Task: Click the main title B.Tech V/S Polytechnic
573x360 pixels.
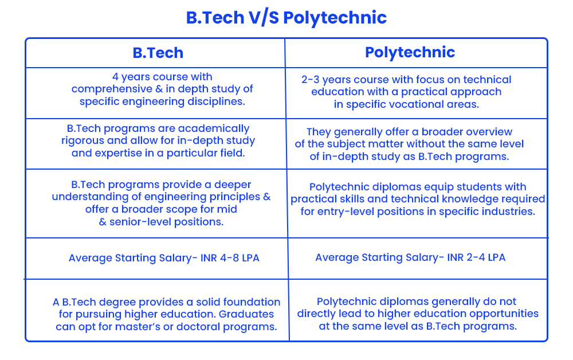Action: (286, 17)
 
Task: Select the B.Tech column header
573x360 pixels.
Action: (158, 53)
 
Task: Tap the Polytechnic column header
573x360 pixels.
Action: (410, 52)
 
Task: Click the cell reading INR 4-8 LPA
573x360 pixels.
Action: (164, 258)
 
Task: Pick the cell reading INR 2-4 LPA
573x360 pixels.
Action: (410, 257)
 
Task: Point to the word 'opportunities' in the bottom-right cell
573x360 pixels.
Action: (504, 314)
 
